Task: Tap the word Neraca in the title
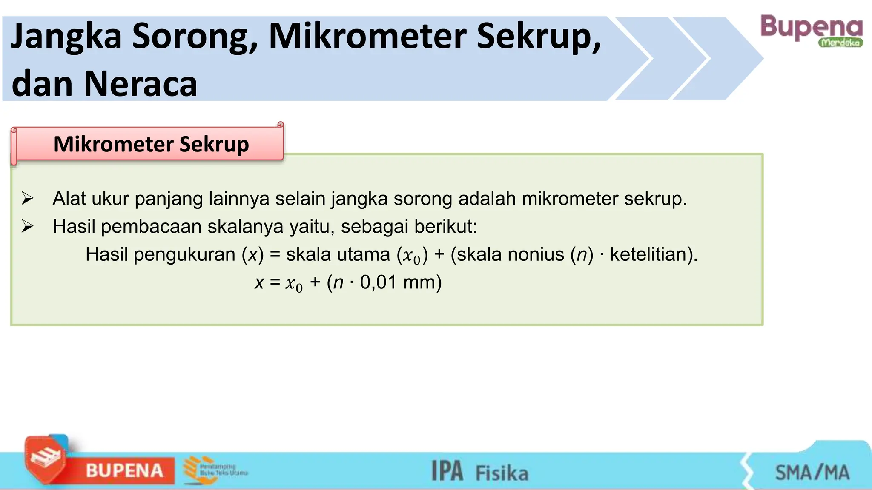point(141,84)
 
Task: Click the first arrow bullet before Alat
point(28,198)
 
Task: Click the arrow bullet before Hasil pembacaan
point(28,226)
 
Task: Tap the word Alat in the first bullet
point(69,199)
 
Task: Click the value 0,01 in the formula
point(378,282)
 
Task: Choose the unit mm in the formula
point(419,282)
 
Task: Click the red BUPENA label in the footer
point(125,470)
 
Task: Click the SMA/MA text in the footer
point(812,473)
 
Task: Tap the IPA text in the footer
point(447,471)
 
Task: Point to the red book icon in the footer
point(45,459)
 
